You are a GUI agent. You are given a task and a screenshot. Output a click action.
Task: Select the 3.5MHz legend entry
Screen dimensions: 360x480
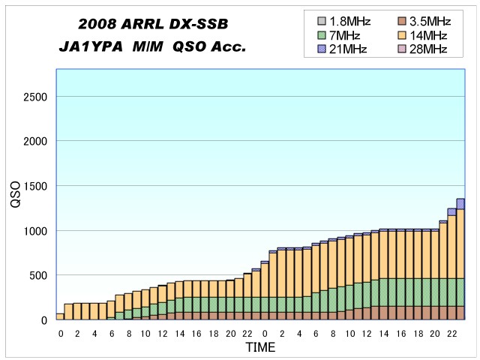tap(420, 21)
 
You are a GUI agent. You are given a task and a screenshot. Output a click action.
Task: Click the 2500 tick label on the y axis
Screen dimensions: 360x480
tap(34, 97)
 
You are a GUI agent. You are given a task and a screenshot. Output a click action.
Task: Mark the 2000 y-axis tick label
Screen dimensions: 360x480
tap(34, 141)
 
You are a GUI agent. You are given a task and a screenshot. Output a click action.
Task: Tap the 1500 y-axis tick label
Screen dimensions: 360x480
tap(34, 186)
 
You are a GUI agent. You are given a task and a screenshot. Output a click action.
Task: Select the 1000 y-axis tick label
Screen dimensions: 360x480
tap(34, 231)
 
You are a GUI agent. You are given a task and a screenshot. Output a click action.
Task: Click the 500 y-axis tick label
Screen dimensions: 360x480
tap(37, 275)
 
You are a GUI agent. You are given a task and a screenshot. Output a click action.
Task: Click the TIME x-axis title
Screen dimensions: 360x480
tap(260, 348)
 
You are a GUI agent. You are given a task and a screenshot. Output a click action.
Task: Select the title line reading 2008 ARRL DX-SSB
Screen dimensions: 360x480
tap(153, 25)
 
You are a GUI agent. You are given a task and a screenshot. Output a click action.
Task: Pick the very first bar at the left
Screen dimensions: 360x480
tap(60, 316)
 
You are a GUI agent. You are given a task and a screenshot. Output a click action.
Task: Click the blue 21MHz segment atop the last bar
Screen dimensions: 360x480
tap(460, 203)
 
